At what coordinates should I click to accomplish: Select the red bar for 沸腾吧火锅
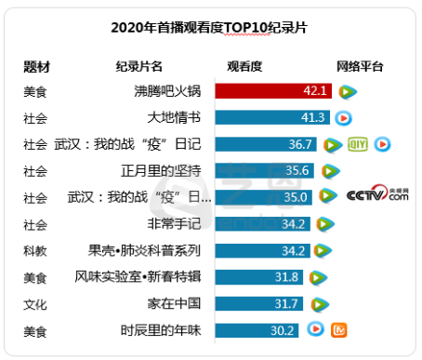click(274, 91)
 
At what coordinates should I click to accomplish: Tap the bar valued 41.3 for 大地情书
click(272, 118)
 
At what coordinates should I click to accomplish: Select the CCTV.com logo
click(377, 196)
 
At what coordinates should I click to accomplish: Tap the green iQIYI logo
click(358, 144)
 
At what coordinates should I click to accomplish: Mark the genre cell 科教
click(35, 250)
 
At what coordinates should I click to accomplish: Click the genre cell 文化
click(35, 303)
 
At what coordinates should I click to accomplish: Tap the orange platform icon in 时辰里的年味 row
click(339, 329)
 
